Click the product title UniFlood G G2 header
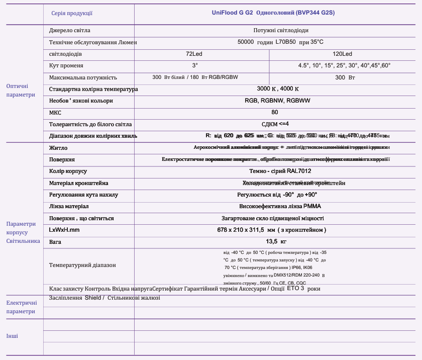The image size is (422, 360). [x=273, y=13]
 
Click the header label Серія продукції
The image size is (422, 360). [x=72, y=13]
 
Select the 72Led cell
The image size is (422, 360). [x=194, y=54]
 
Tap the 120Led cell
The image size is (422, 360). [x=342, y=54]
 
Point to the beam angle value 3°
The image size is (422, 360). [x=195, y=65]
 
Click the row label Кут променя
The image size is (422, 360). [x=66, y=66]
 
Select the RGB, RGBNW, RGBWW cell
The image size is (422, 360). [x=277, y=101]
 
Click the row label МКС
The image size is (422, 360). [x=55, y=113]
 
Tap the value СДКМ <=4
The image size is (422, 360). [x=275, y=124]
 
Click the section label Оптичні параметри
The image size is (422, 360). [x=21, y=91]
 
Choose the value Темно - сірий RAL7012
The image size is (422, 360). [x=277, y=171]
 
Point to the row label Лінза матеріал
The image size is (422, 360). [x=69, y=207]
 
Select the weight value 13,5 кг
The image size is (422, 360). [x=276, y=242]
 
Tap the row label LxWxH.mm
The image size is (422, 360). [x=64, y=230]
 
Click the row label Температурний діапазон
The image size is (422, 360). [x=82, y=265]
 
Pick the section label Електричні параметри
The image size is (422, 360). [x=21, y=307]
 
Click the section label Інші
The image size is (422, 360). [x=12, y=336]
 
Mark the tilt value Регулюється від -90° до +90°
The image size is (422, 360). [x=277, y=195]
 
